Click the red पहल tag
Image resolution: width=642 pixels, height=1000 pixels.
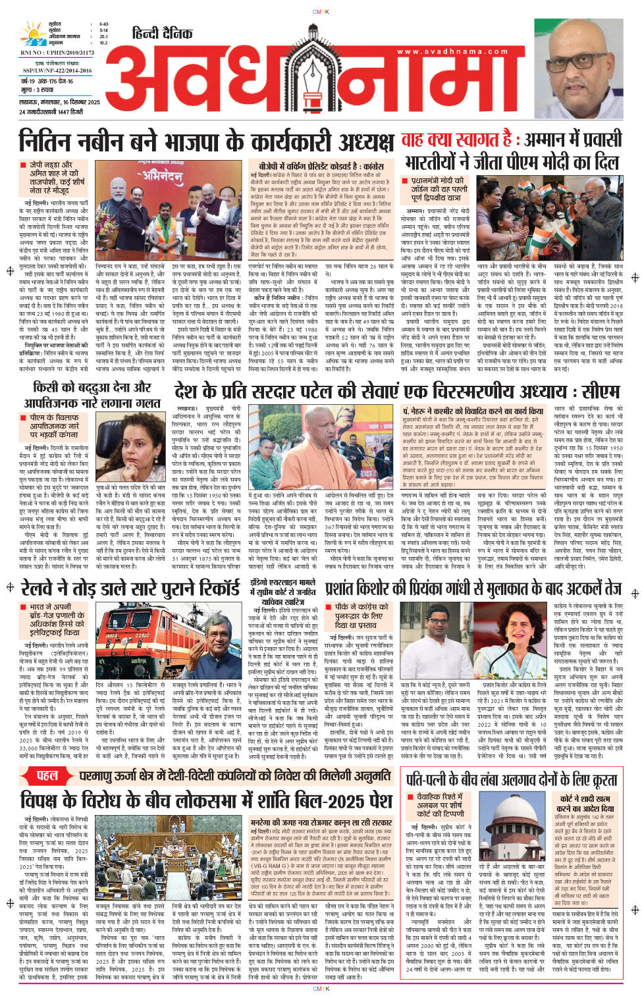click(x=47, y=776)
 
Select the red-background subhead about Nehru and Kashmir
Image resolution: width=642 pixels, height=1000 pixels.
click(x=473, y=411)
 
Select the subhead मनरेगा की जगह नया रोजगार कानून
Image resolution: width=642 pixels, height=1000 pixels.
click(x=321, y=822)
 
